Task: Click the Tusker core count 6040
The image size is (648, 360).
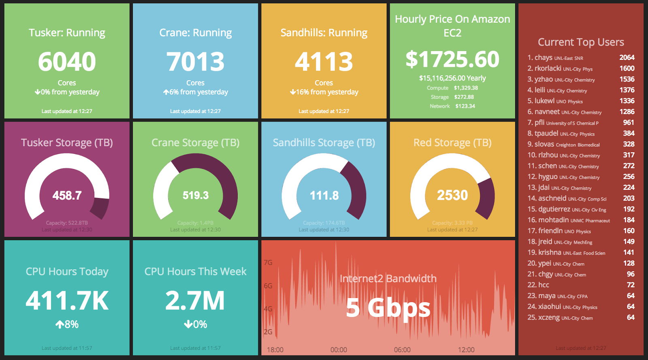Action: pyautogui.click(x=67, y=62)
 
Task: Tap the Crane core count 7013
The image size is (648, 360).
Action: pyautogui.click(x=195, y=62)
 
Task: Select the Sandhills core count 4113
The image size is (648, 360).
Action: pyautogui.click(x=324, y=62)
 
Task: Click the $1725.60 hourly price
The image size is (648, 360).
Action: pyautogui.click(x=452, y=59)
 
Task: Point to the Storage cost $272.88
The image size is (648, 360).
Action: pyautogui.click(x=464, y=97)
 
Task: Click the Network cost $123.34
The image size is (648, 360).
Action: pyautogui.click(x=465, y=106)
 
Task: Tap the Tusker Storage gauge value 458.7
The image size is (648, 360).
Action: pyautogui.click(x=67, y=196)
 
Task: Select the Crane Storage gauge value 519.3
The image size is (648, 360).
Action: pyautogui.click(x=195, y=196)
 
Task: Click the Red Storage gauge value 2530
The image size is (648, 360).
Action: pyautogui.click(x=452, y=195)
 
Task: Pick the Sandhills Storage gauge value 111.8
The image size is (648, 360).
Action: pyautogui.click(x=324, y=196)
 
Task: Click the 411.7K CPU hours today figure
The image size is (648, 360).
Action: pyautogui.click(x=67, y=300)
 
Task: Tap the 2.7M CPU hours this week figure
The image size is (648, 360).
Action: pyautogui.click(x=195, y=300)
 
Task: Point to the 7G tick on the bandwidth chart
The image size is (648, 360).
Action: pyautogui.click(x=268, y=262)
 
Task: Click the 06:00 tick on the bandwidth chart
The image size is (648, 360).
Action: pyautogui.click(x=402, y=350)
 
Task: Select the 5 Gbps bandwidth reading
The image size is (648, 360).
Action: pyautogui.click(x=388, y=308)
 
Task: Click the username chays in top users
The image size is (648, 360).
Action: pyautogui.click(x=543, y=58)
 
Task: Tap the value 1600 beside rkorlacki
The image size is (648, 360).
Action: pyautogui.click(x=627, y=68)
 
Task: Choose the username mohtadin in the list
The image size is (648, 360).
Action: pyautogui.click(x=553, y=220)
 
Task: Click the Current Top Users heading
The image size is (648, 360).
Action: pyautogui.click(x=581, y=42)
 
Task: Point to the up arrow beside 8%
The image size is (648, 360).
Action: pyautogui.click(x=60, y=324)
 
